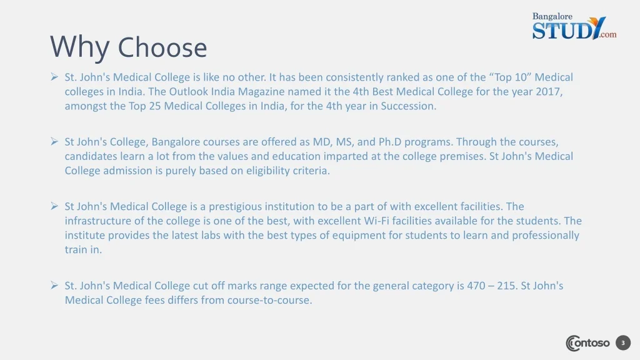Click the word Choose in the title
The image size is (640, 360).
tap(162, 47)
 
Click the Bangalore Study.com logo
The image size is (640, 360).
tap(574, 26)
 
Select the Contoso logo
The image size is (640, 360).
tap(587, 343)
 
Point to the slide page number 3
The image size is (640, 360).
tap(623, 343)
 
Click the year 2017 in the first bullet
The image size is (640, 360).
tap(548, 91)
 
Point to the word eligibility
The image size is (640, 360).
tap(267, 171)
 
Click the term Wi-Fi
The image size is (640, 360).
tap(375, 221)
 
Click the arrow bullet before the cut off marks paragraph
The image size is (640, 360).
tap(54, 285)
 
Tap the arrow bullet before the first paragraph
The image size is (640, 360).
tap(54, 77)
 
